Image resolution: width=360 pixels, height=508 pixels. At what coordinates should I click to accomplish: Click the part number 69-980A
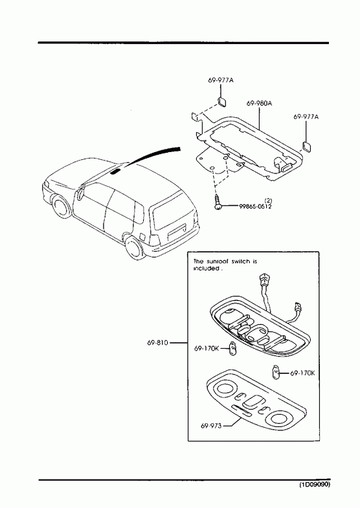pos(259,104)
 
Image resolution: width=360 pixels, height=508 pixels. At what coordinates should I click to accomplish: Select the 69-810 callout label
pos(158,342)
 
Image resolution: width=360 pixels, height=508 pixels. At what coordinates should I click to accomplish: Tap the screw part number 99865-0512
pos(255,206)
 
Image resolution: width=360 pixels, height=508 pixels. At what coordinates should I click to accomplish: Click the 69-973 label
pos(211,426)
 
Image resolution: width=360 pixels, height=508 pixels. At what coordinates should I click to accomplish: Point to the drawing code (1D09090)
pos(314,485)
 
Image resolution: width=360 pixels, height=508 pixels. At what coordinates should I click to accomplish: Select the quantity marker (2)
pos(268,201)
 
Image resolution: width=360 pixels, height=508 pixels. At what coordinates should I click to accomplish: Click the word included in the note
pos(206,269)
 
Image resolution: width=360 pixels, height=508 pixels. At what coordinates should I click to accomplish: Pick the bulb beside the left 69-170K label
pos(232,349)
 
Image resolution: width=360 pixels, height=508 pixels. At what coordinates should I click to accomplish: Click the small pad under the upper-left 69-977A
pos(221,102)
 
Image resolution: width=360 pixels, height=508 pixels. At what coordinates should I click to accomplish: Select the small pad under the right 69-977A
pos(306,146)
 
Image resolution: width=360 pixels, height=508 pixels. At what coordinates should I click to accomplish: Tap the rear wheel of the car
pos(133,247)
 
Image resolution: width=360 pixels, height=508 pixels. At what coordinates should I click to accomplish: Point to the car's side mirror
pos(80,193)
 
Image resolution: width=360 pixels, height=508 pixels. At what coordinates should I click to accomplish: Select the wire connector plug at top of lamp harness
pos(264,280)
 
